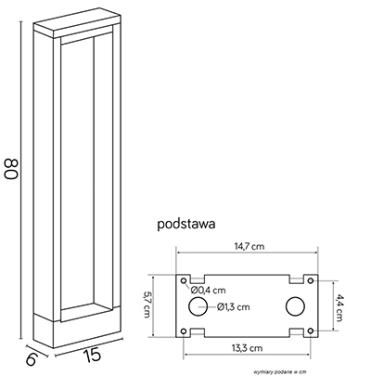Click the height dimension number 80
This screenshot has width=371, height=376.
[11, 169]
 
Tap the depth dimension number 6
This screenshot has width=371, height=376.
[32, 359]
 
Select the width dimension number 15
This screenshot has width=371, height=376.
[93, 355]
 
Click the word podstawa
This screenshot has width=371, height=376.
[186, 224]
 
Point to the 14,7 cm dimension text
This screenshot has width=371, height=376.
[249, 246]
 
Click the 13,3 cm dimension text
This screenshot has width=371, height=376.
[247, 348]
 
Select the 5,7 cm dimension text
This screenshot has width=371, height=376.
[147, 305]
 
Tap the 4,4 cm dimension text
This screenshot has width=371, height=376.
[339, 308]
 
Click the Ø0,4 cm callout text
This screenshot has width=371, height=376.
[208, 290]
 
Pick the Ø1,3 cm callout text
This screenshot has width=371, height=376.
[233, 306]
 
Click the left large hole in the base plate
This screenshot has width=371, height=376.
[198, 306]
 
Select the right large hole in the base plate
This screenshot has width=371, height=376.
[295, 306]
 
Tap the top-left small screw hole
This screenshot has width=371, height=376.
[184, 280]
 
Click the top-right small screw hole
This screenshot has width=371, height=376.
[311, 280]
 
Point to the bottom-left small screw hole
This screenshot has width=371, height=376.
[184, 331]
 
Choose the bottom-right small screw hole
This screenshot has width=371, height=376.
[311, 331]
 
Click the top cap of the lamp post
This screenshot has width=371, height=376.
[77, 23]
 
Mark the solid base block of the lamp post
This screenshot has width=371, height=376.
[77, 328]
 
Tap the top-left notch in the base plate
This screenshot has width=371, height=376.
[198, 279]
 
